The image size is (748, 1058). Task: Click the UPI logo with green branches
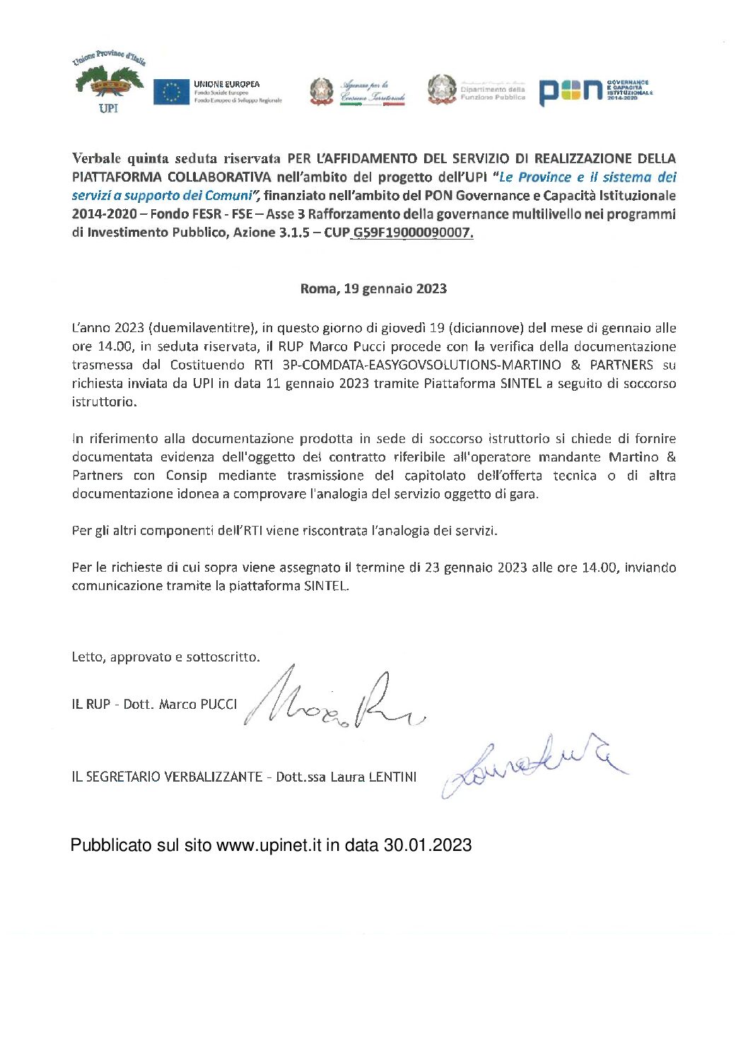click(x=108, y=83)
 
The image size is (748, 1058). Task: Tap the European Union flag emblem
click(x=171, y=92)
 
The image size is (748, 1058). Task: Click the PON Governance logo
click(x=595, y=91)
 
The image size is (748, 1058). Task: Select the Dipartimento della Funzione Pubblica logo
click(x=477, y=90)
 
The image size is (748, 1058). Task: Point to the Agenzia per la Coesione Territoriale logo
click(x=358, y=92)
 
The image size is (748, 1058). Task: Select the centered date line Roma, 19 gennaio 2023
click(x=373, y=288)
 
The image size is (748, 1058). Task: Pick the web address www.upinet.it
click(x=269, y=845)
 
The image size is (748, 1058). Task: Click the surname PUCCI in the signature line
click(x=218, y=705)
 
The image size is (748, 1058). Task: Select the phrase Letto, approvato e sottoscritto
click(x=165, y=657)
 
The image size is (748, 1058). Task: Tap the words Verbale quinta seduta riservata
click(x=176, y=158)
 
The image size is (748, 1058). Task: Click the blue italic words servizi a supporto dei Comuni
click(x=162, y=196)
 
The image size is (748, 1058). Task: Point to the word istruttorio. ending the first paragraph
click(x=104, y=401)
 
